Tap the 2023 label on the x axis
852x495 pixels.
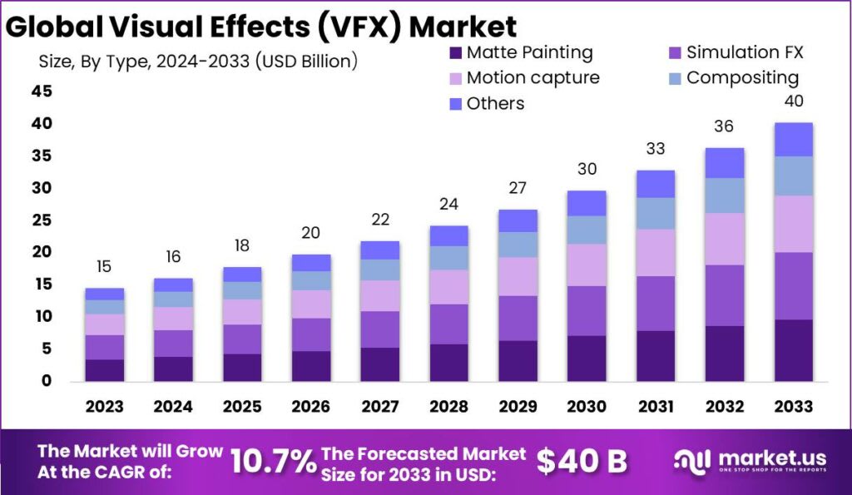[104, 406]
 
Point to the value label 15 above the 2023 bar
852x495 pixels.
[104, 267]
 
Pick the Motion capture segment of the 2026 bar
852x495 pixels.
[312, 304]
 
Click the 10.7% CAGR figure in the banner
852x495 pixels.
[273, 460]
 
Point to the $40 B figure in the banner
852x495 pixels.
[582, 460]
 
